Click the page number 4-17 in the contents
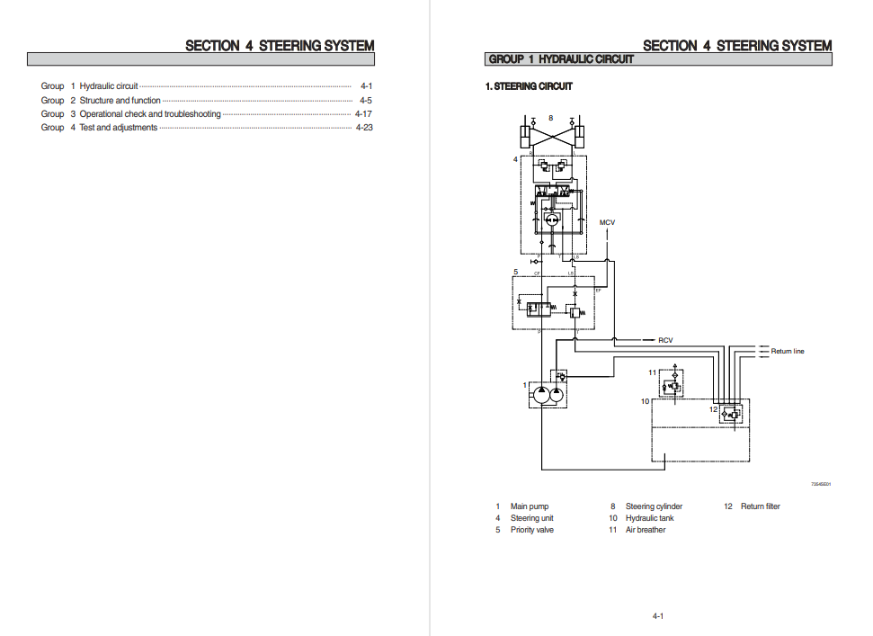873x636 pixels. coord(363,114)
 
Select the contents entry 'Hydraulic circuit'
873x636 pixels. coord(109,86)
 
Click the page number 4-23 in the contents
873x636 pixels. coord(363,128)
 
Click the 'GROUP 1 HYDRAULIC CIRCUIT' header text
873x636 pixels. coord(561,59)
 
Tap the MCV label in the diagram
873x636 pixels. coord(608,222)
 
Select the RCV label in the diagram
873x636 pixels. coord(665,340)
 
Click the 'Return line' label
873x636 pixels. coord(788,351)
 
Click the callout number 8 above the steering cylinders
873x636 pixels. coord(551,118)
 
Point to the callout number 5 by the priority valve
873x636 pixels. coord(515,271)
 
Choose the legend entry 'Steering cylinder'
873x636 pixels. coord(654,506)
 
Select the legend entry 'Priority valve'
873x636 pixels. coord(532,530)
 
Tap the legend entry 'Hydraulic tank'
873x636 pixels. coord(649,518)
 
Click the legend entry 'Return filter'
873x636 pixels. coord(760,506)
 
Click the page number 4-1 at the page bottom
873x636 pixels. coord(658,616)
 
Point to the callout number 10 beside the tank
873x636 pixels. coord(645,401)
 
